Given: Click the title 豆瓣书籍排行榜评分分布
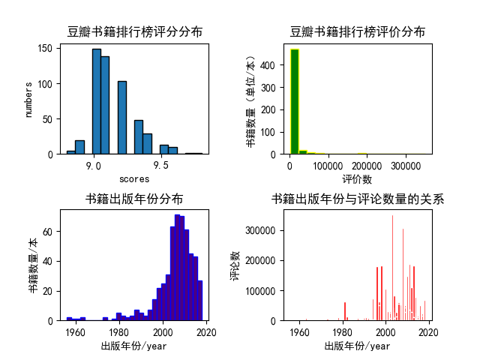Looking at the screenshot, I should click(x=135, y=31).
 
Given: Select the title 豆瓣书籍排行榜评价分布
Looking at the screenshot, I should click(x=358, y=31).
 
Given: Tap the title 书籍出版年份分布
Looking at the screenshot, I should click(x=134, y=199).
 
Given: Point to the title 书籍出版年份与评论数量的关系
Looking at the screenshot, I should click(x=358, y=199).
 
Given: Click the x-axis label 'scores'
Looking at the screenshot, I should click(x=135, y=179).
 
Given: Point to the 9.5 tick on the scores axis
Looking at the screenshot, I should click(x=160, y=165).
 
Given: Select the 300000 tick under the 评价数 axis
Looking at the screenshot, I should click(x=406, y=165).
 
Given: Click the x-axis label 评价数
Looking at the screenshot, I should click(x=358, y=179).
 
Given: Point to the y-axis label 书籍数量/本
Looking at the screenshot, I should click(x=33, y=265).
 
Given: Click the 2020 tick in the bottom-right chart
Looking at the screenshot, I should click(x=429, y=331).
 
